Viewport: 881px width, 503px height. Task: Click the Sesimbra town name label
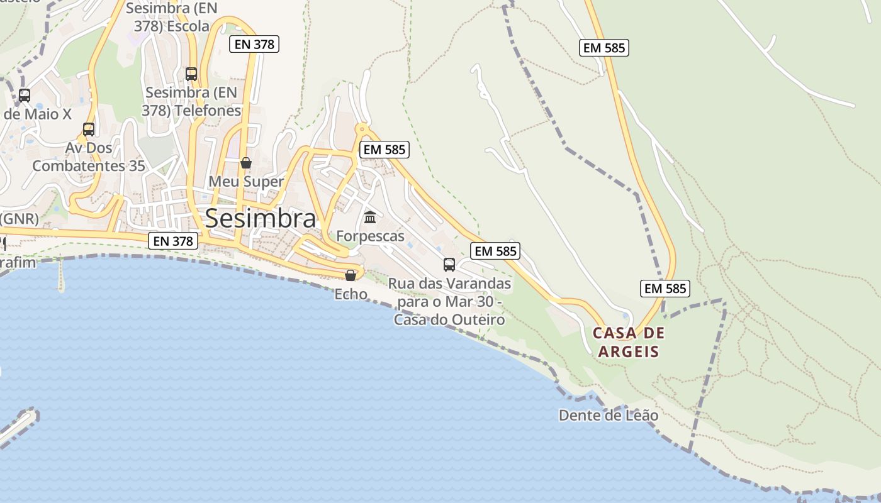click(261, 219)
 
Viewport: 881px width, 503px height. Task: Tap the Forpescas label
click(370, 236)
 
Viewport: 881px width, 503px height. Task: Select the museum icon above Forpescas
click(370, 218)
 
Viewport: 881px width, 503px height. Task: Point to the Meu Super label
click(246, 182)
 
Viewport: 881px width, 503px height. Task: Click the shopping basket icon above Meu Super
click(246, 163)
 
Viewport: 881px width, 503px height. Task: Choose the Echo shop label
click(351, 294)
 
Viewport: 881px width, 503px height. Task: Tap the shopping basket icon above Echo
click(351, 275)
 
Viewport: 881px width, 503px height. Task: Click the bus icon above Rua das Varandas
click(449, 264)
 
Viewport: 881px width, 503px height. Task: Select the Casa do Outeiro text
click(449, 320)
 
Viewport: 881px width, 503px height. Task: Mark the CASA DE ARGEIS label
click(628, 342)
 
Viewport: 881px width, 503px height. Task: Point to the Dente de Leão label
click(608, 416)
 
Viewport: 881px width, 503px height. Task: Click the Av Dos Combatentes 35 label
click(89, 157)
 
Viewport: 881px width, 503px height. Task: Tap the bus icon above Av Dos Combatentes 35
click(89, 130)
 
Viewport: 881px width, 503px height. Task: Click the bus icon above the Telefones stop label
click(191, 74)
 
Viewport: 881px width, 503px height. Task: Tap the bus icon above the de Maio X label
click(25, 96)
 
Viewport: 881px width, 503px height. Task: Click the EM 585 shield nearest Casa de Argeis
click(665, 289)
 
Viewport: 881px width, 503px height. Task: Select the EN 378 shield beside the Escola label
click(254, 44)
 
